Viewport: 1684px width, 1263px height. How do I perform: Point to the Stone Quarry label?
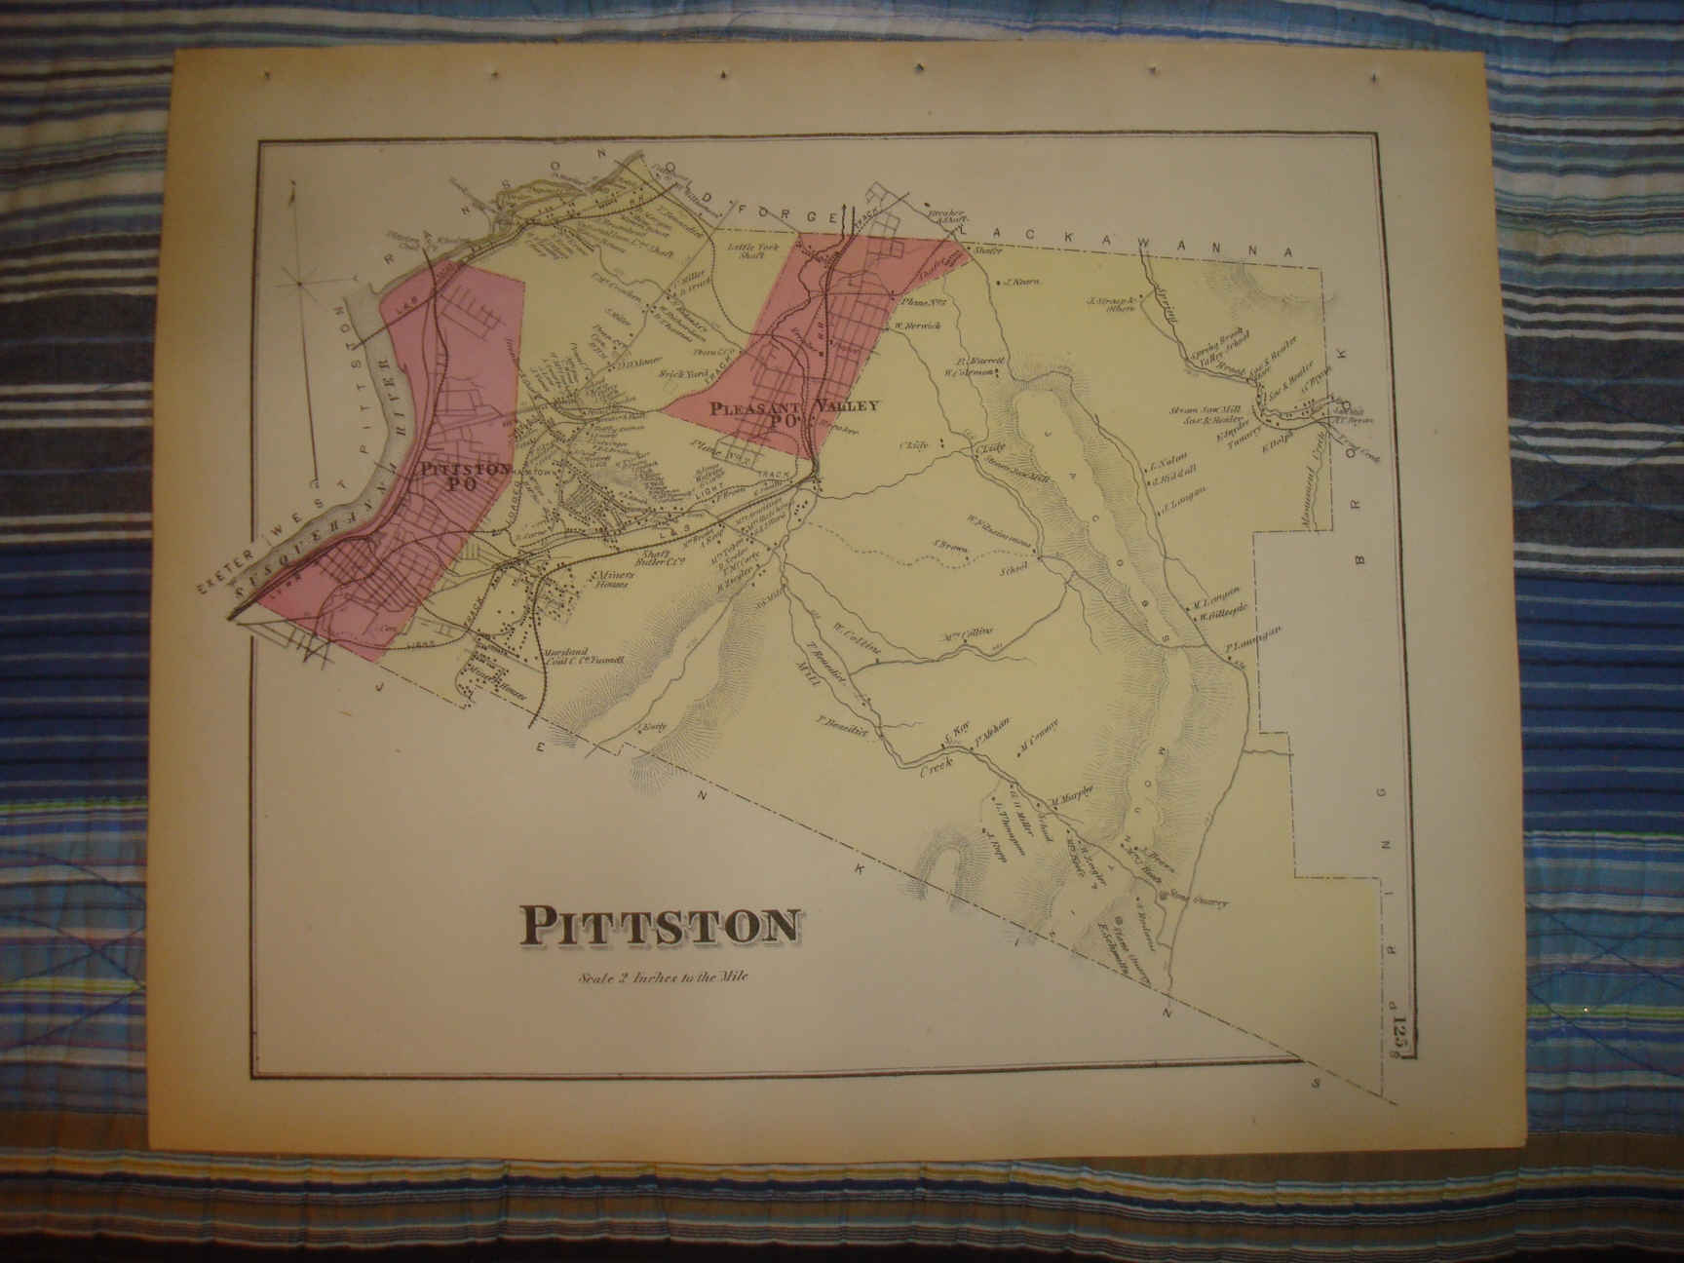click(1200, 901)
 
